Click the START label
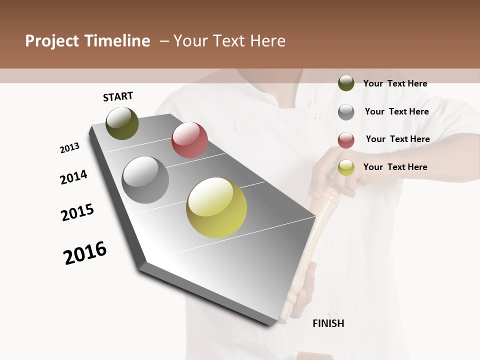point(118,96)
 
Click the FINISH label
point(328,323)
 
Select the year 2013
point(69,148)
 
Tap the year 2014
point(73,177)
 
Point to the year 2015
point(77,212)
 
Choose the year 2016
point(85,253)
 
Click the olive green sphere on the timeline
point(122,123)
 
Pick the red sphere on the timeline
point(189,140)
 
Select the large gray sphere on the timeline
point(145,180)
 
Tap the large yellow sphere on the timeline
point(216,207)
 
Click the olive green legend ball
point(346,83)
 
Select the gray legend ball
point(346,111)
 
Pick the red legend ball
point(346,140)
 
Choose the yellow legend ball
point(346,168)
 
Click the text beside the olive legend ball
point(395,83)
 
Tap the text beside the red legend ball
point(397,139)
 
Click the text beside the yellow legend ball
point(395,167)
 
